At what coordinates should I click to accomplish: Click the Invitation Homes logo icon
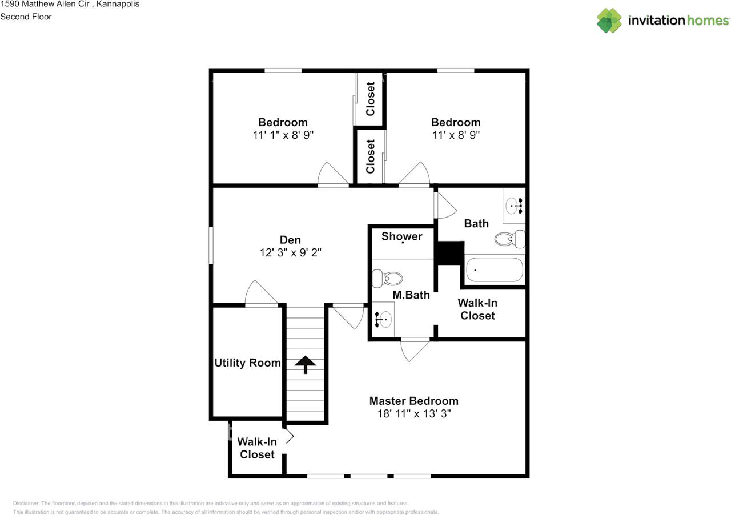609,21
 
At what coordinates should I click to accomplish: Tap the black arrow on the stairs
305,364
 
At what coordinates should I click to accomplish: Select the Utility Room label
247,363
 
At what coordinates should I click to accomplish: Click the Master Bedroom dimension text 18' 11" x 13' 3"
413,414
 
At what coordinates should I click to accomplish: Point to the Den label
290,240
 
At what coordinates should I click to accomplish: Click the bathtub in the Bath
495,270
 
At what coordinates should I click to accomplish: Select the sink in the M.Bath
384,319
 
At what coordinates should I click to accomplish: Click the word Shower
402,236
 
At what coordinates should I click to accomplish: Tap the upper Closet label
371,99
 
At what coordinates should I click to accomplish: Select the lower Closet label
371,156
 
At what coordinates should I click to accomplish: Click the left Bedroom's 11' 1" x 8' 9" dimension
283,135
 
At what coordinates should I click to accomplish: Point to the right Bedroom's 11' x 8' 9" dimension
455,135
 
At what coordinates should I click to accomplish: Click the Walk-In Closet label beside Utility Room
257,448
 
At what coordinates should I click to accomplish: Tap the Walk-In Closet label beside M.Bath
477,309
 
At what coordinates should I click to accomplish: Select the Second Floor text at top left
26,17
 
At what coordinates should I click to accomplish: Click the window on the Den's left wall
211,246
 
